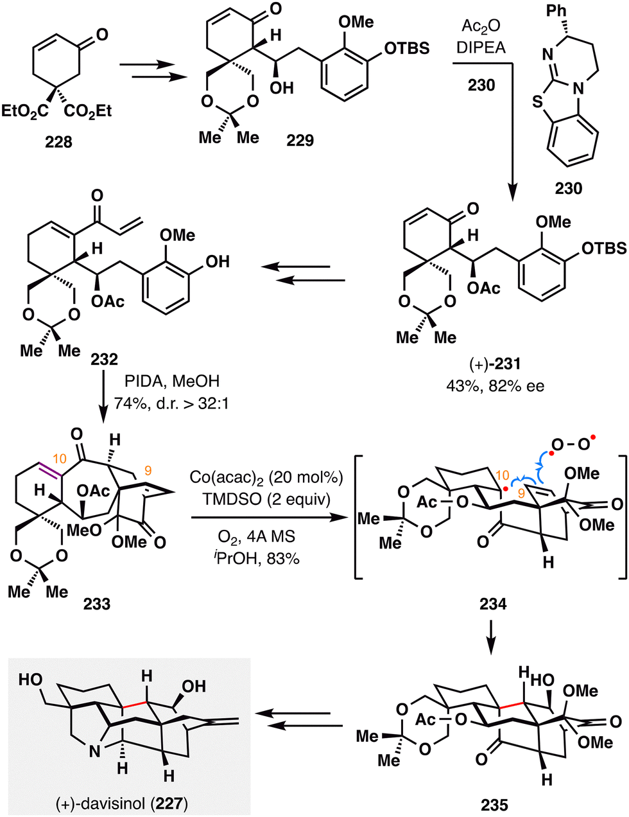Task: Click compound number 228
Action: (58, 142)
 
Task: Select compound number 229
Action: (300, 140)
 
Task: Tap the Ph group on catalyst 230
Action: (556, 10)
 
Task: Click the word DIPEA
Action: (481, 48)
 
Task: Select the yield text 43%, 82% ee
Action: (495, 386)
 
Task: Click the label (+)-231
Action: (495, 364)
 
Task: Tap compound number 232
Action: (104, 360)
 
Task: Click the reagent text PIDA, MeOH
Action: (172, 382)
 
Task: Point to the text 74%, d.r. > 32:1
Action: (171, 403)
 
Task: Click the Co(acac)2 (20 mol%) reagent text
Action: (266, 477)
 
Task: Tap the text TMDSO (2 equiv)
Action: (266, 499)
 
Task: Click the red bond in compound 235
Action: (511, 705)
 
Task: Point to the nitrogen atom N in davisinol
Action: (94, 752)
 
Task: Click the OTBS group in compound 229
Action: (407, 48)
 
